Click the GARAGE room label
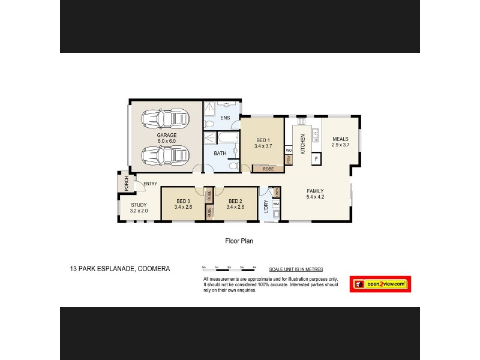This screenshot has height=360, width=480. point(167,136)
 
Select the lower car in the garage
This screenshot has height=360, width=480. point(165,156)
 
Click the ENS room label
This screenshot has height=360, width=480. point(226,118)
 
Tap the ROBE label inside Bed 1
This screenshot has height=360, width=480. point(268,169)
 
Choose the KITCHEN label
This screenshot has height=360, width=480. point(303,145)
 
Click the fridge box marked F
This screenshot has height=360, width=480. point(316,160)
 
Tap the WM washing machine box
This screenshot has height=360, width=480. point(276,204)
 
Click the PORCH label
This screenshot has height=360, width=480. point(126,184)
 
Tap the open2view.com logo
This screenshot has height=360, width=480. point(380,284)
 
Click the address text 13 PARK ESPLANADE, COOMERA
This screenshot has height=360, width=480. point(119,269)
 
